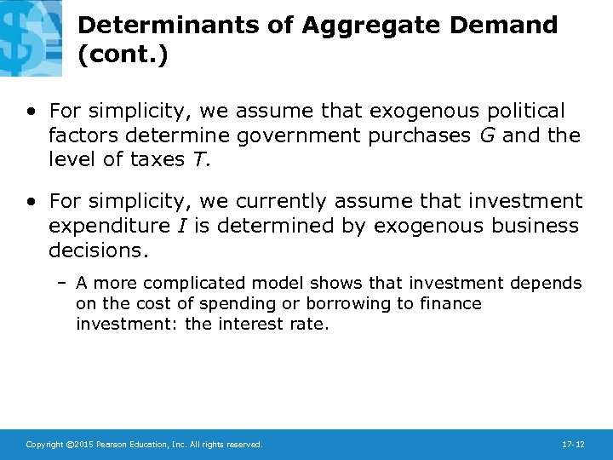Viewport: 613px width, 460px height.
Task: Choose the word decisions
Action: (98, 250)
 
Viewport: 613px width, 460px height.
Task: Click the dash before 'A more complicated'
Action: (64, 283)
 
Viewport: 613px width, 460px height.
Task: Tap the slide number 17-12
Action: (572, 445)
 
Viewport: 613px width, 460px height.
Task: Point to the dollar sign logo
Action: (31, 34)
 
